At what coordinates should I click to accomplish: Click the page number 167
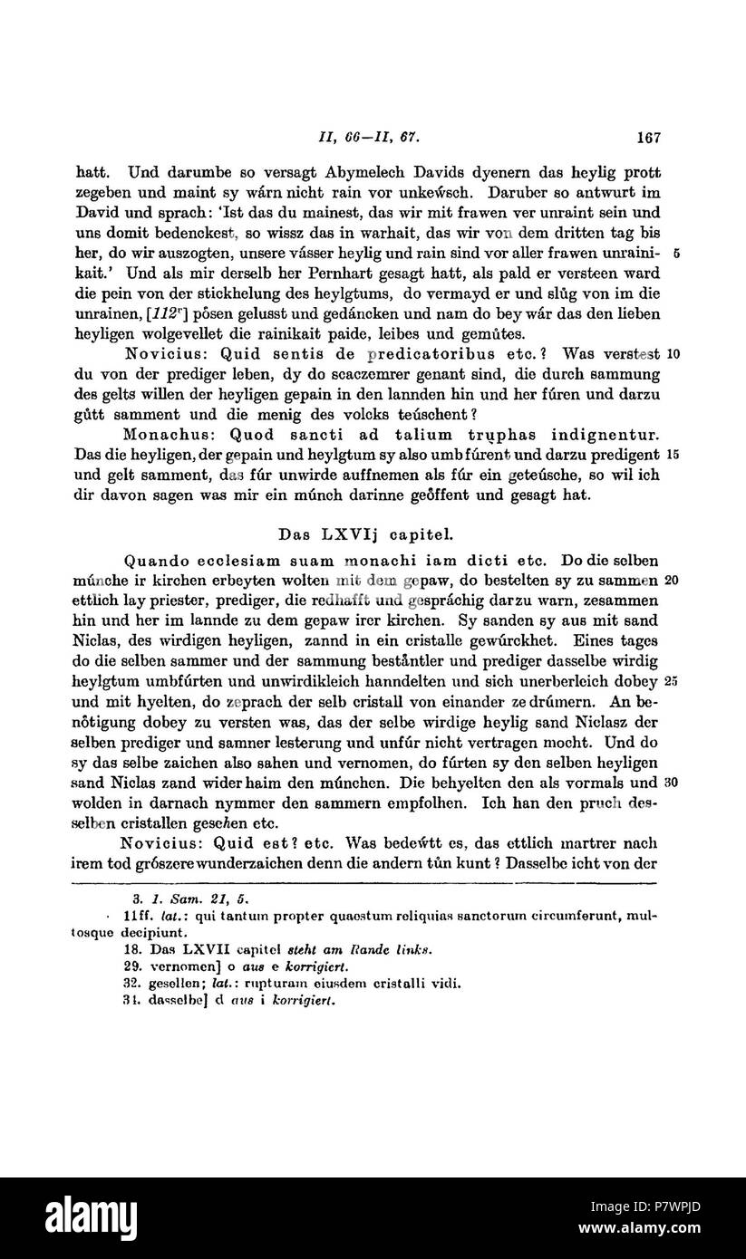click(x=648, y=139)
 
